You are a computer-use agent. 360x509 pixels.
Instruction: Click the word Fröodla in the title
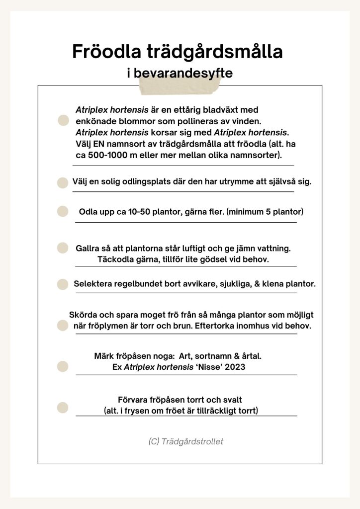coord(102,52)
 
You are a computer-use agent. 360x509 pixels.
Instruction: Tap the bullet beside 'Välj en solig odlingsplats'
coord(63,182)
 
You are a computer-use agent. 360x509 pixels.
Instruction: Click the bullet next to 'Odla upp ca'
coord(63,212)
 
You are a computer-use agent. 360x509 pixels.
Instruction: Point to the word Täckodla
coord(113,259)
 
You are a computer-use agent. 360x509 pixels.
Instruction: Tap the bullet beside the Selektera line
coord(63,284)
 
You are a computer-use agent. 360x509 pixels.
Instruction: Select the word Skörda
coord(82,315)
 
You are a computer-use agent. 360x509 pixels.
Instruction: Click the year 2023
coord(235,367)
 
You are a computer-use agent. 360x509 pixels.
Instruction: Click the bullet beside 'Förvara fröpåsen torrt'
coord(63,408)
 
